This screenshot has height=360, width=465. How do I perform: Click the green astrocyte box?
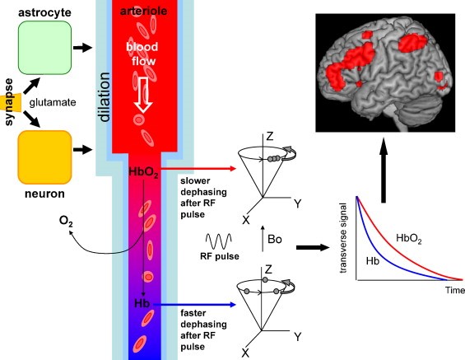click(x=44, y=48)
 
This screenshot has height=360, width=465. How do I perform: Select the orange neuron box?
click(x=44, y=157)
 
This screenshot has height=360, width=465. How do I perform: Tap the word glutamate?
click(x=53, y=103)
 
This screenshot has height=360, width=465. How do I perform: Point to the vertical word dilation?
click(x=105, y=97)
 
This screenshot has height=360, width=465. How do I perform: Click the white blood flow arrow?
click(x=143, y=95)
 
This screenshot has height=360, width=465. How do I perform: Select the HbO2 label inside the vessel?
click(x=143, y=172)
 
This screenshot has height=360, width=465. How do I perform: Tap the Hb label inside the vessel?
click(x=142, y=304)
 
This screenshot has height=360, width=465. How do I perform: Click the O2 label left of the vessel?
click(x=66, y=221)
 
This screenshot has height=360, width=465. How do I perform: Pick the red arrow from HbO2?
click(x=198, y=169)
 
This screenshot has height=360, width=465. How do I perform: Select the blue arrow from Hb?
click(x=194, y=305)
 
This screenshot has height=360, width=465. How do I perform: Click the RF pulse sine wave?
click(x=219, y=241)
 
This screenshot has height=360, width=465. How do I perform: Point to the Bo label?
click(x=275, y=239)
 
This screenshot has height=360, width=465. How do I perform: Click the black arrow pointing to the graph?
click(x=313, y=247)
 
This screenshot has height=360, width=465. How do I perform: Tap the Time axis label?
click(x=455, y=290)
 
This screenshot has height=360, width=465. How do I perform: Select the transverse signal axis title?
click(x=343, y=238)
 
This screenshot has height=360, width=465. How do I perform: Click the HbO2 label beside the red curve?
click(x=409, y=238)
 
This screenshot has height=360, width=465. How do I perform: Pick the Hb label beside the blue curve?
click(x=373, y=261)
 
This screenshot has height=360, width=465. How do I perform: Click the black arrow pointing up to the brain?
click(x=384, y=170)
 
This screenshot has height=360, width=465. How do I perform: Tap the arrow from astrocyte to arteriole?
click(x=83, y=48)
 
